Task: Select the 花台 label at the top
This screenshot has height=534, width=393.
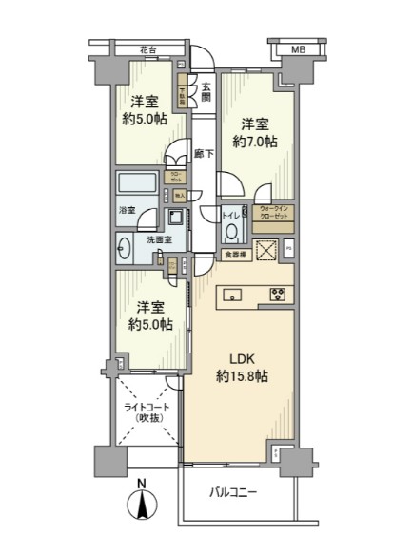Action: click(x=145, y=48)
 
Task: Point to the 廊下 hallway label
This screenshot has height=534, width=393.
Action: click(x=202, y=152)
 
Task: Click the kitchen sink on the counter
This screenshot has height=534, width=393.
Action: click(x=234, y=294)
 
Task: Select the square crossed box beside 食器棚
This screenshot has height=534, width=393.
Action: click(x=265, y=252)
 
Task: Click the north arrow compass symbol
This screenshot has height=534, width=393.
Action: click(x=141, y=503)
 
